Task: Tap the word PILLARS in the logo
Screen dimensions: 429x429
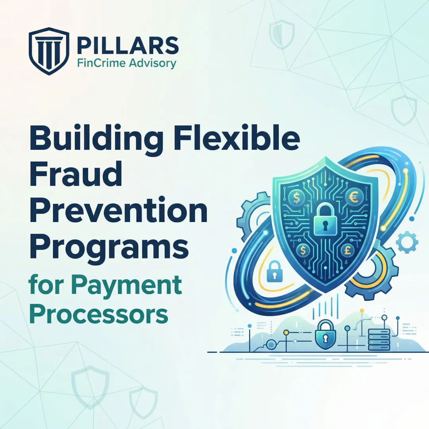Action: [x=128, y=46]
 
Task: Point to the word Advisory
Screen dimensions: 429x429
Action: [x=153, y=63]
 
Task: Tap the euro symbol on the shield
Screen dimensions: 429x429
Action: [x=352, y=196]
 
